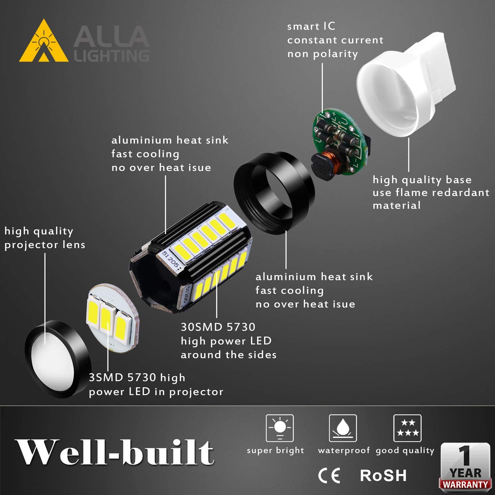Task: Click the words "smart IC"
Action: pos(311,26)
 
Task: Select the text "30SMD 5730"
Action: pos(218,327)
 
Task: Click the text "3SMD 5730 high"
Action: pos(137,378)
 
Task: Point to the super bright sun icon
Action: pos(280,428)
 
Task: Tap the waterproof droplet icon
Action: pos(343,428)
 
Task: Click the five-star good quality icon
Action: pos(408,428)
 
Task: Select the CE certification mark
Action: pos(329,476)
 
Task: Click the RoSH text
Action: pos(383,476)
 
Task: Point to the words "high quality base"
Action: pos(422,180)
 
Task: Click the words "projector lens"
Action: pos(45,245)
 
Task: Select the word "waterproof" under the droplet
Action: pos(344,450)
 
